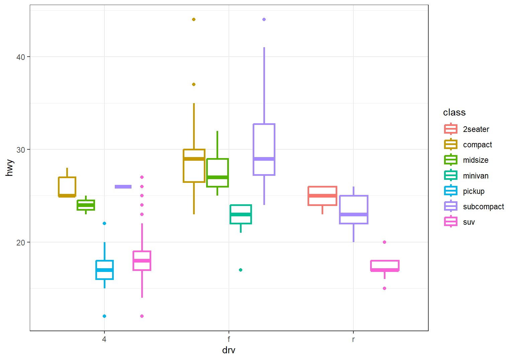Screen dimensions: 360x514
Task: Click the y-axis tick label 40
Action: [x=21, y=57]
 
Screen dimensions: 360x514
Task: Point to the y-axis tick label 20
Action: [x=21, y=242]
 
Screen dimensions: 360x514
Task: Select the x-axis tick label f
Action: [x=229, y=339]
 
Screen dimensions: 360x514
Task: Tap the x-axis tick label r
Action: [x=353, y=339]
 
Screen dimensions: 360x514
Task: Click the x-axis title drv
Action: [x=229, y=350]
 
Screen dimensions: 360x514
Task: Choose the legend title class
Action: [x=454, y=113]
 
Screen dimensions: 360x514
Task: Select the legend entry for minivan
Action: [x=476, y=176]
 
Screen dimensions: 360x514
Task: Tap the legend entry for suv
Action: [x=469, y=222]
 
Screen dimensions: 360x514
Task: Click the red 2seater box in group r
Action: [x=322, y=196]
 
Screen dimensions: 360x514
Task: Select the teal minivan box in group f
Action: [x=241, y=214]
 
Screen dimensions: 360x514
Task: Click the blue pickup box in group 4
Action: [x=105, y=270]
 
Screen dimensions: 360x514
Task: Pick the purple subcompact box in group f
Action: [x=264, y=149]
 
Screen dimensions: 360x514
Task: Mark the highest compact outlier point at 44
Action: [x=194, y=19]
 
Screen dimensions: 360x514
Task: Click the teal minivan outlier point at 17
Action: [x=241, y=270]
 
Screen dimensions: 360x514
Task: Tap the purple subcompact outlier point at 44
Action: [x=264, y=19]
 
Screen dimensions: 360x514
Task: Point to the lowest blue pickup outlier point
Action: [x=104, y=316]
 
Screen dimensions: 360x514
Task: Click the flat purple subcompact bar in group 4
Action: [x=123, y=187]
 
